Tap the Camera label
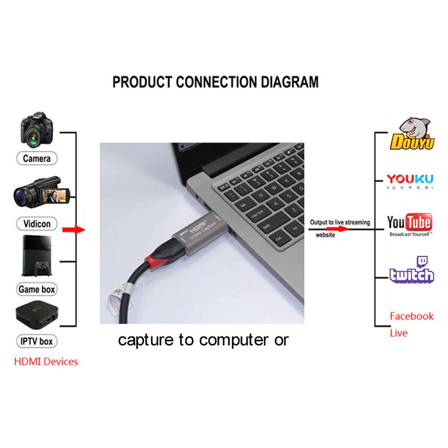[37, 158]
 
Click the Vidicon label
[37, 223]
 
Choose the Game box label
[37, 289]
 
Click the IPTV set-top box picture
[37, 316]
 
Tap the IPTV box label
[37, 341]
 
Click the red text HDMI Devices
[46, 361]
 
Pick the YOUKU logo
[410, 180]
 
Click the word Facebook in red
[412, 316]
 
